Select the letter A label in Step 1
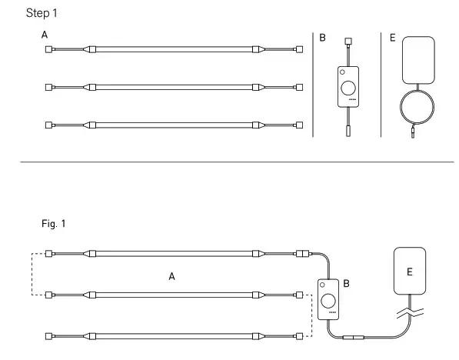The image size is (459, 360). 45,35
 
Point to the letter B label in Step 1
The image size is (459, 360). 323,37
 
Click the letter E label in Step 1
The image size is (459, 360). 392,37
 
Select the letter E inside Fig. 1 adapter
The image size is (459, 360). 409,272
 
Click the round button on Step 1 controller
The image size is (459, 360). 350,87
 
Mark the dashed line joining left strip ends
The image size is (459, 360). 32,274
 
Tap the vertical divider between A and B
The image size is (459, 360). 313,85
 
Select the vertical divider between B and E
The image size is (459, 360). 381,85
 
